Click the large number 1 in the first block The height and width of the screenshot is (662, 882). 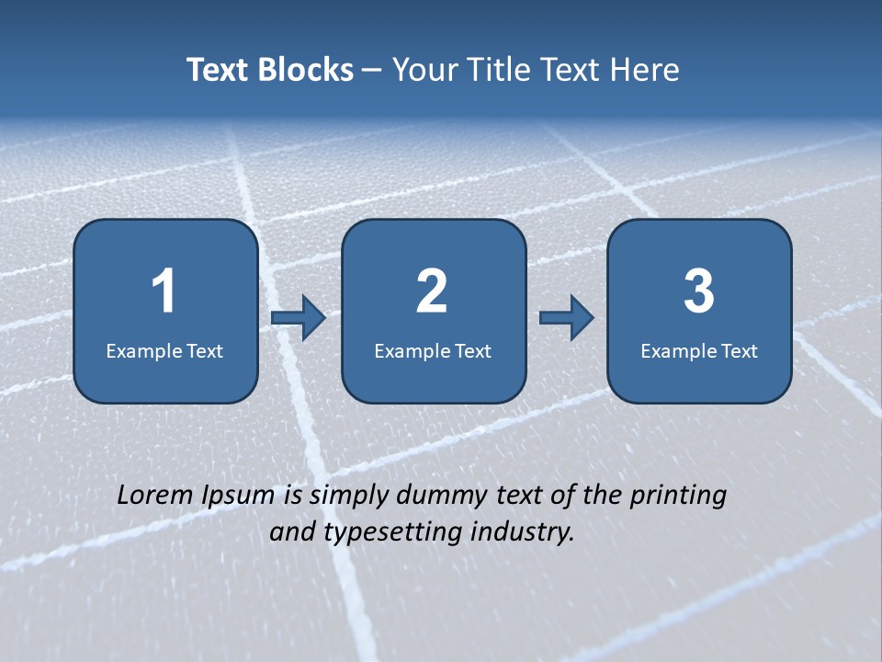click(x=164, y=291)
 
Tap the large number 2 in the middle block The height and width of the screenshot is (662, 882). click(x=432, y=291)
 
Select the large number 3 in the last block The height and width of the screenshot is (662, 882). click(x=699, y=291)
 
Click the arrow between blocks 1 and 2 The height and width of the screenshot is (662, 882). click(x=299, y=318)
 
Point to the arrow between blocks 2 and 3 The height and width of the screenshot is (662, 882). click(x=567, y=318)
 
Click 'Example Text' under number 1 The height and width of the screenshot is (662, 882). click(x=164, y=350)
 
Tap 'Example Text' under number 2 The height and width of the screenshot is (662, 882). click(x=433, y=350)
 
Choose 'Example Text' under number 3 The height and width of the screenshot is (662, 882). click(x=699, y=350)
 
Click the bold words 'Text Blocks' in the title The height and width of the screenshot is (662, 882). click(x=270, y=70)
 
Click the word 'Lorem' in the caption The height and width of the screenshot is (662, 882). click(x=155, y=496)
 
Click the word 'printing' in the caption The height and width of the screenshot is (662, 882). click(x=678, y=496)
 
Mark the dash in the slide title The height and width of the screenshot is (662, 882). click(x=372, y=71)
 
